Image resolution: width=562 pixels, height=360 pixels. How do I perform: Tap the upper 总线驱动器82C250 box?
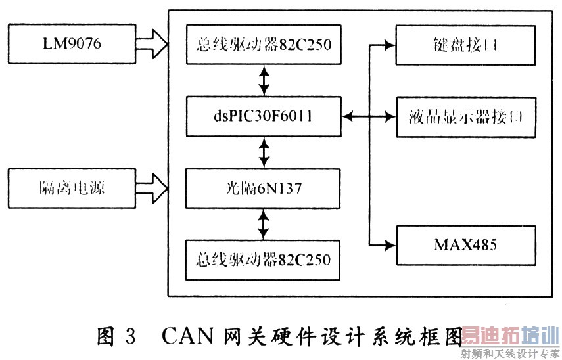click(x=264, y=44)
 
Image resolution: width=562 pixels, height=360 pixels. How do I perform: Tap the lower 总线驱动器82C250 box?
click(x=264, y=258)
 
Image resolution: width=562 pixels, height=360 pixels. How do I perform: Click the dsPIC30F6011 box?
click(x=264, y=117)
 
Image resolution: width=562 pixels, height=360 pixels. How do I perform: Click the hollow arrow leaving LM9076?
click(x=152, y=45)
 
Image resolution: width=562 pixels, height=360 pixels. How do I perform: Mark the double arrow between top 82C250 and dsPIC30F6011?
click(x=264, y=80)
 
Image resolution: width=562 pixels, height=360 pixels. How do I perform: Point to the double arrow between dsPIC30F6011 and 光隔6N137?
click(x=264, y=153)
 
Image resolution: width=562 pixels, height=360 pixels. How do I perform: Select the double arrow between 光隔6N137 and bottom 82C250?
click(x=264, y=224)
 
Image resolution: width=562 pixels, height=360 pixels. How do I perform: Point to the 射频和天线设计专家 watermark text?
click(x=509, y=353)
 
